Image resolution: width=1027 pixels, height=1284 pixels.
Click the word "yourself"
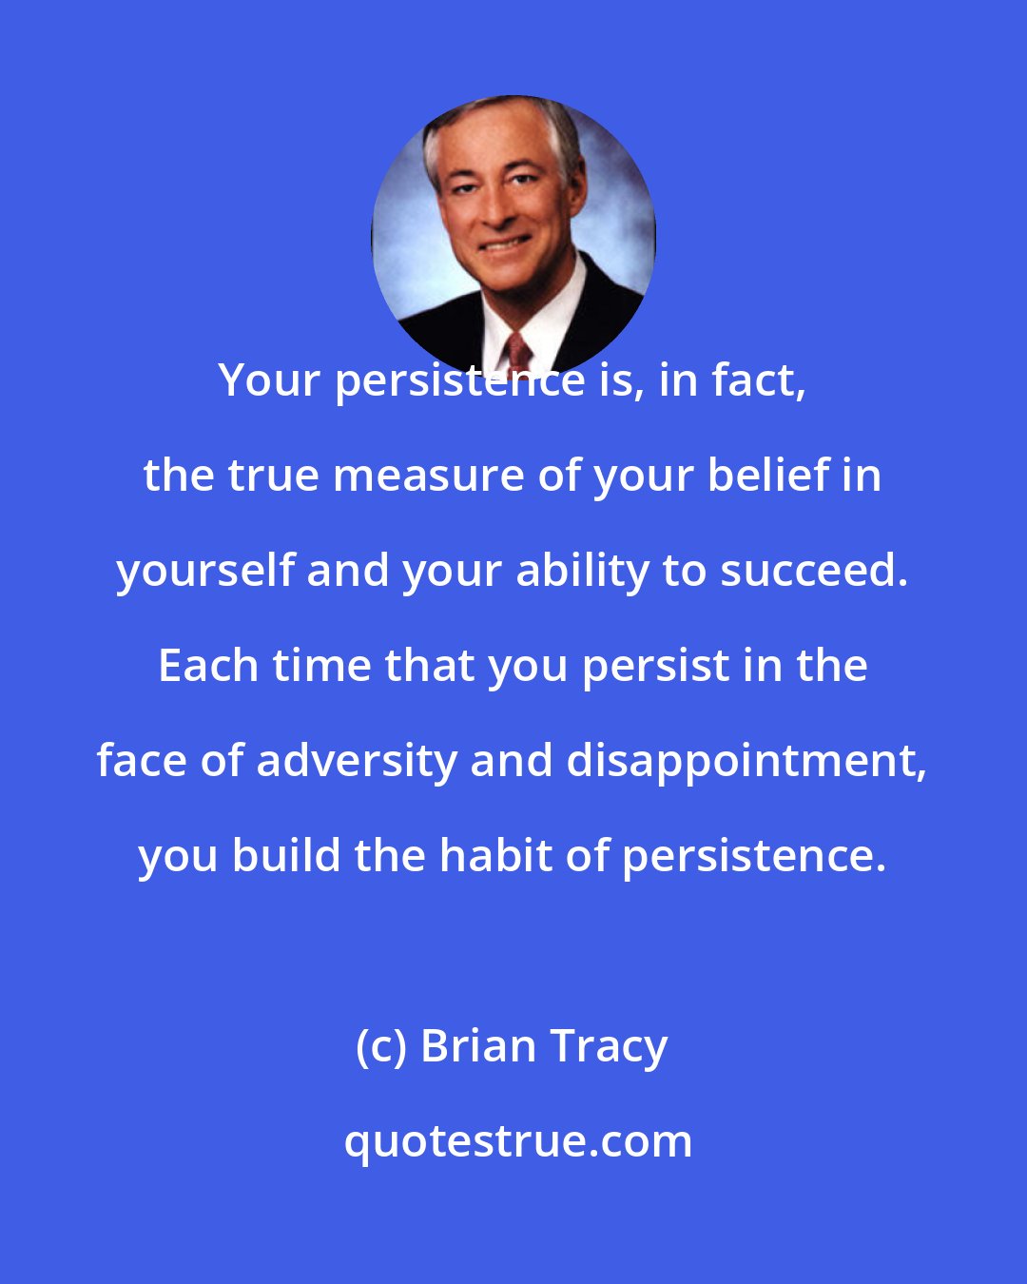click(204, 572)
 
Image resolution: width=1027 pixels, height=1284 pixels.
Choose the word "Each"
click(208, 667)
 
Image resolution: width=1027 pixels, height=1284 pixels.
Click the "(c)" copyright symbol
click(380, 1047)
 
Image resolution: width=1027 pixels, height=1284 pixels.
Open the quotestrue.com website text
click(518, 1142)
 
